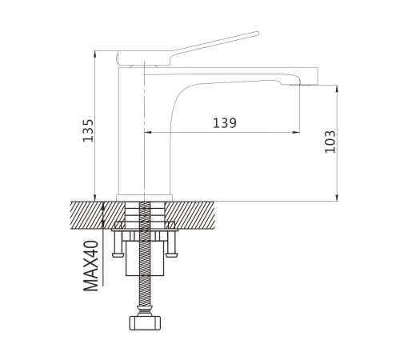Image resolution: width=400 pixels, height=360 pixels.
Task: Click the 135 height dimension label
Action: click(x=88, y=130)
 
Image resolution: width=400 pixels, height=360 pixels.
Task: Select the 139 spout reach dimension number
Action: click(x=225, y=123)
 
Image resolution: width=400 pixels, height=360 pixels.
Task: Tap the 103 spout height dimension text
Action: click(x=330, y=142)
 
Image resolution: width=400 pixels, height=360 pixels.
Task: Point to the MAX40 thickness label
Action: click(x=91, y=266)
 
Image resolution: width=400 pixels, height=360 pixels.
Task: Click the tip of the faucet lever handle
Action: click(x=258, y=33)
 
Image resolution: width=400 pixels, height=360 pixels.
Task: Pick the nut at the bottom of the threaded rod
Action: click(x=145, y=323)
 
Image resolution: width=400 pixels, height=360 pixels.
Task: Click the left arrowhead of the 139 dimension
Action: click(x=147, y=132)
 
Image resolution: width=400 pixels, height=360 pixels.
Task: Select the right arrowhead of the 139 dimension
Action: click(x=295, y=132)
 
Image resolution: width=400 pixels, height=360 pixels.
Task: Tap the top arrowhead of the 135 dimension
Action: click(x=95, y=54)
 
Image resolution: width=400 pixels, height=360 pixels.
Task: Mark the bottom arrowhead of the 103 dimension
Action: click(x=337, y=198)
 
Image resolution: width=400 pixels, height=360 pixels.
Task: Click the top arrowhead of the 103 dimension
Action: click(x=337, y=89)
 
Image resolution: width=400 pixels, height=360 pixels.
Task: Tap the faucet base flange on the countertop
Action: click(x=144, y=198)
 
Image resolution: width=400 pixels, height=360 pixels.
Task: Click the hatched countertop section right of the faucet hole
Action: click(x=190, y=215)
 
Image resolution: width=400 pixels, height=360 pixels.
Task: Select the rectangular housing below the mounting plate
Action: click(x=144, y=258)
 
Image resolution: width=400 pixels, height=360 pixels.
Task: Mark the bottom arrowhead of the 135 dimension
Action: click(x=95, y=198)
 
